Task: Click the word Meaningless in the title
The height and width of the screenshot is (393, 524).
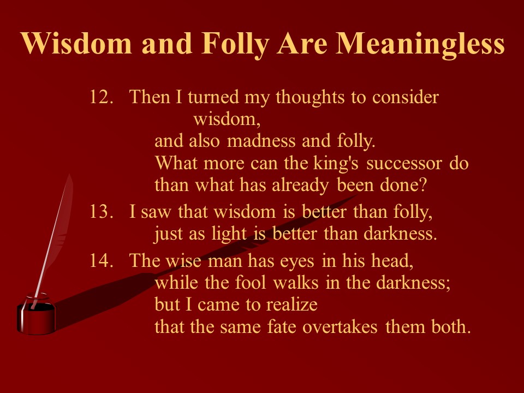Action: point(420,44)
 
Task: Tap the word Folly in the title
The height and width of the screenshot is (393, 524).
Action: point(235,44)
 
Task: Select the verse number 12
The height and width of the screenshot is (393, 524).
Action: point(102,97)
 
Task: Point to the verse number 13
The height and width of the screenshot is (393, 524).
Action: point(102,212)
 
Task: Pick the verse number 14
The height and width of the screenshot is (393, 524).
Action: point(102,260)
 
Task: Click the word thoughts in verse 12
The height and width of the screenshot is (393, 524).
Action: point(310,98)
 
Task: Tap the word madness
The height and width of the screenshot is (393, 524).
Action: point(261,141)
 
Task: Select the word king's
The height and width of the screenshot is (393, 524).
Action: point(336,163)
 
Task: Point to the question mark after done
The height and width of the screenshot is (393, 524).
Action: point(423,185)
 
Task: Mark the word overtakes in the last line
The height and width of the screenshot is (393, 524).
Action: point(340,327)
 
